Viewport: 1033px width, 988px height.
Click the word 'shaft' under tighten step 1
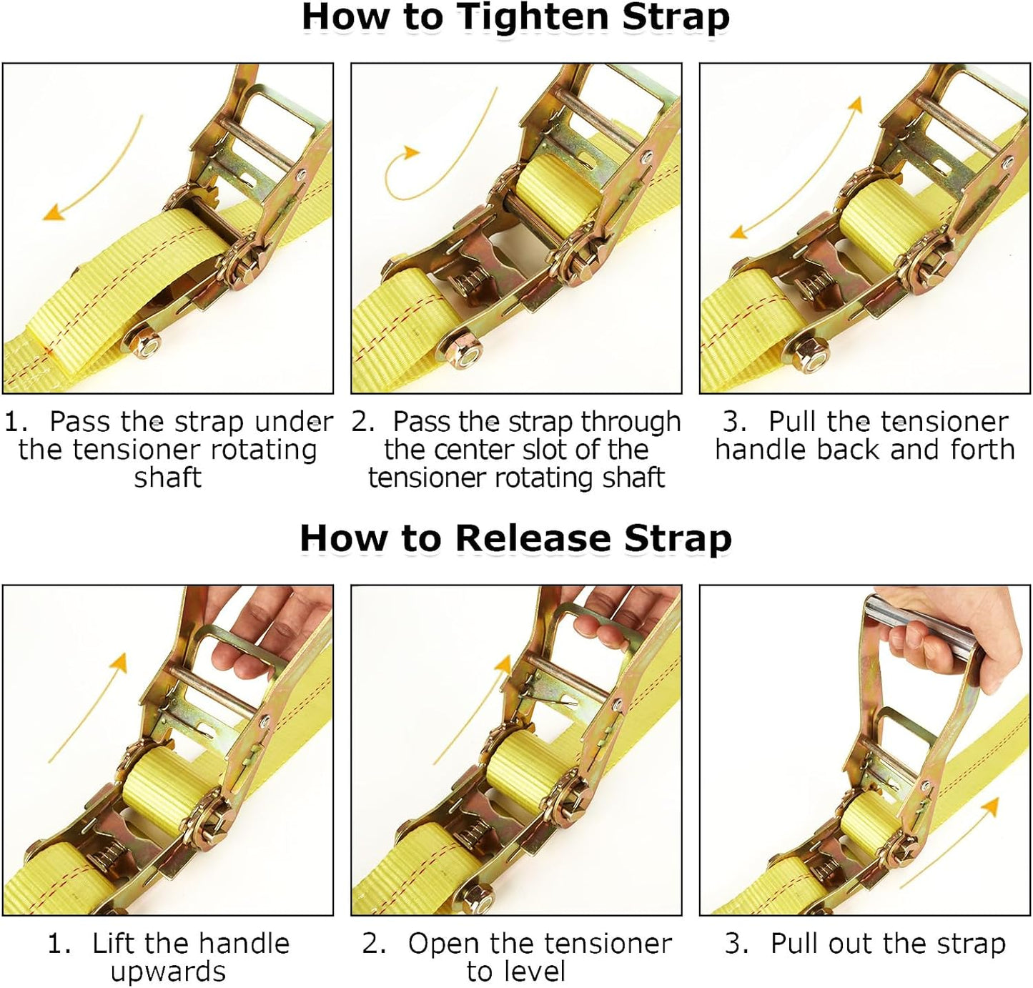(x=167, y=478)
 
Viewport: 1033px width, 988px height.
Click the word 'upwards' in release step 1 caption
(x=168, y=972)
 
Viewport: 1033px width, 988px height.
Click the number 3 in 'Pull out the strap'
(x=736, y=944)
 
